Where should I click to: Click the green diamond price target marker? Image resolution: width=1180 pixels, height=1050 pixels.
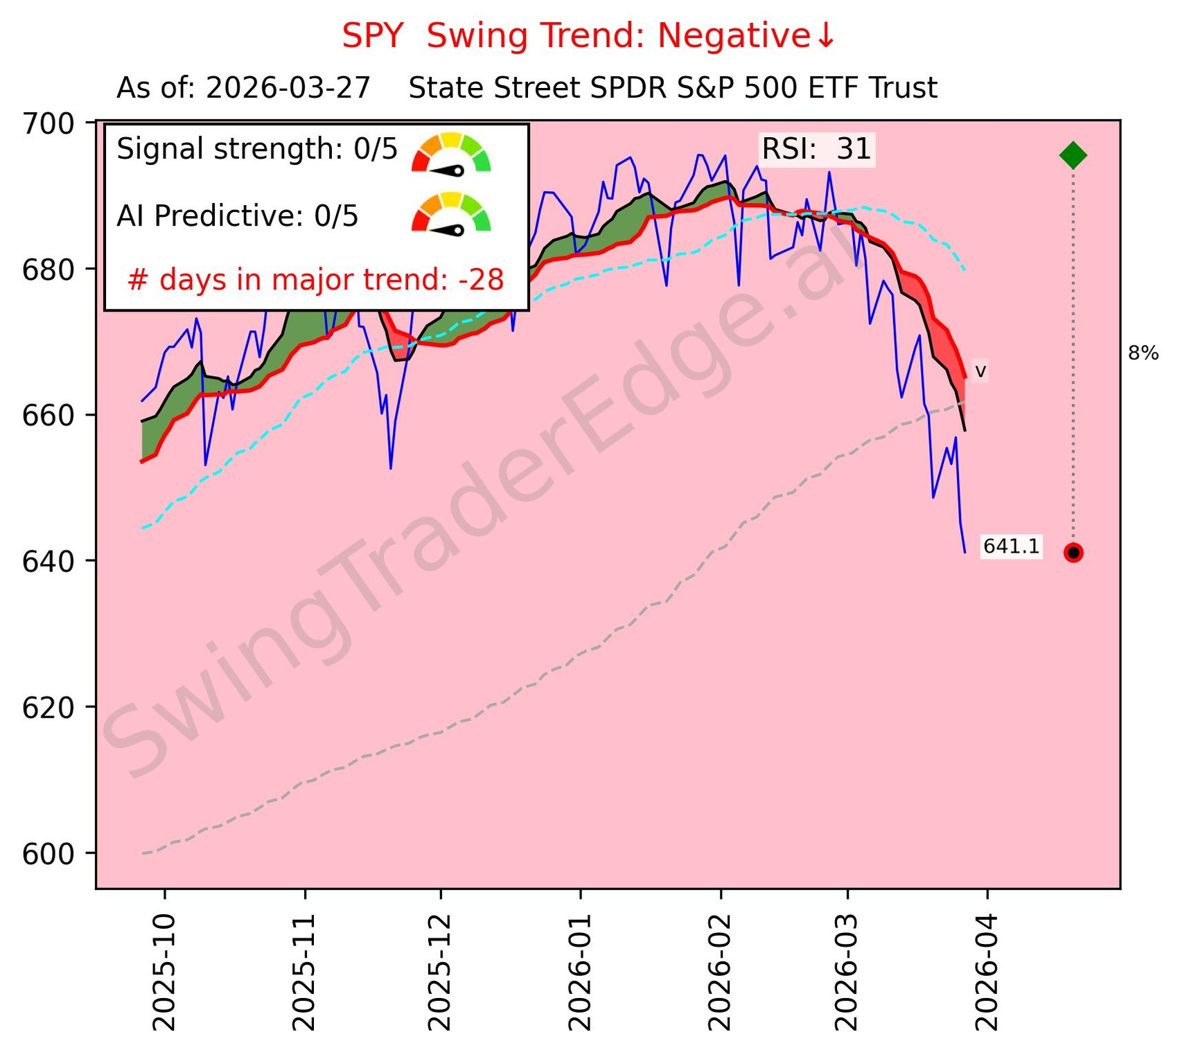tap(1073, 155)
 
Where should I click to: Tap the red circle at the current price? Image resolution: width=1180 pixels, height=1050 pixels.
tap(1073, 553)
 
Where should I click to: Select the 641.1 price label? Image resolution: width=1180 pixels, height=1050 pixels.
tap(1011, 546)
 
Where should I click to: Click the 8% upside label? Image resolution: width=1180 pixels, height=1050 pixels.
tap(1143, 353)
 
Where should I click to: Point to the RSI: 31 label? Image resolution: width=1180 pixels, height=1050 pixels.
tap(816, 149)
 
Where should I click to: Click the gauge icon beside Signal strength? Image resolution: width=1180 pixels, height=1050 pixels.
tap(451, 153)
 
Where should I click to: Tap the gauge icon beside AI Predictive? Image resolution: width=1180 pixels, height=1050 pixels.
tap(451, 213)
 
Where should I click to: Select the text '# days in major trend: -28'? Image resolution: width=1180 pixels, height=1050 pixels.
tap(316, 280)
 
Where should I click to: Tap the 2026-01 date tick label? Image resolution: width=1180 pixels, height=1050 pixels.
tap(581, 973)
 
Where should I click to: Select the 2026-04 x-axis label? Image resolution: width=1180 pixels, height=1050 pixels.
tap(987, 973)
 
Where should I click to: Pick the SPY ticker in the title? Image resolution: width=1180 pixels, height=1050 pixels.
tap(372, 36)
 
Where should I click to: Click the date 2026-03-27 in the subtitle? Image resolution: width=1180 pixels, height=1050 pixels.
tap(288, 89)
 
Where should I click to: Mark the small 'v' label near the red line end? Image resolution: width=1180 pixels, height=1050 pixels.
tap(980, 371)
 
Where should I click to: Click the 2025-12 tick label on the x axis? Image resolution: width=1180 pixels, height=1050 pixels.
tap(441, 973)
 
